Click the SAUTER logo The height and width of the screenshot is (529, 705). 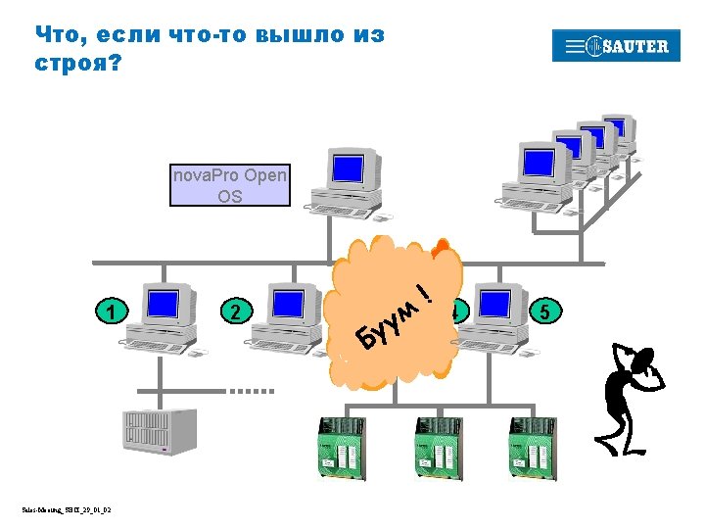[616, 46]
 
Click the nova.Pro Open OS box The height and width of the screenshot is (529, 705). [230, 185]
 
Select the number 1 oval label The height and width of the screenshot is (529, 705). [114, 313]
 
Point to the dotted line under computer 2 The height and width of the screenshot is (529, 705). [253, 390]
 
